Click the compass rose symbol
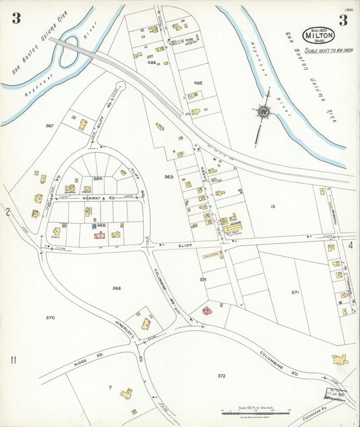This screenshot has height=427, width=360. click(262, 111)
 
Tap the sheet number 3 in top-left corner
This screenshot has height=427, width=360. click(16, 18)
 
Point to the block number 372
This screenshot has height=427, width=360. click(221, 375)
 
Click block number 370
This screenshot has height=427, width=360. click(50, 318)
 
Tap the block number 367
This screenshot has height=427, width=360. click(49, 126)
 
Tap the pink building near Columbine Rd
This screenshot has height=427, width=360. click(206, 311)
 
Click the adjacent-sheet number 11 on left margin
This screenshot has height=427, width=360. click(13, 359)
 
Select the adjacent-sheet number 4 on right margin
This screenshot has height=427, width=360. click(351, 245)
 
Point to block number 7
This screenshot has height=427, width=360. click(109, 387)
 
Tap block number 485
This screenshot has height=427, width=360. click(198, 82)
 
